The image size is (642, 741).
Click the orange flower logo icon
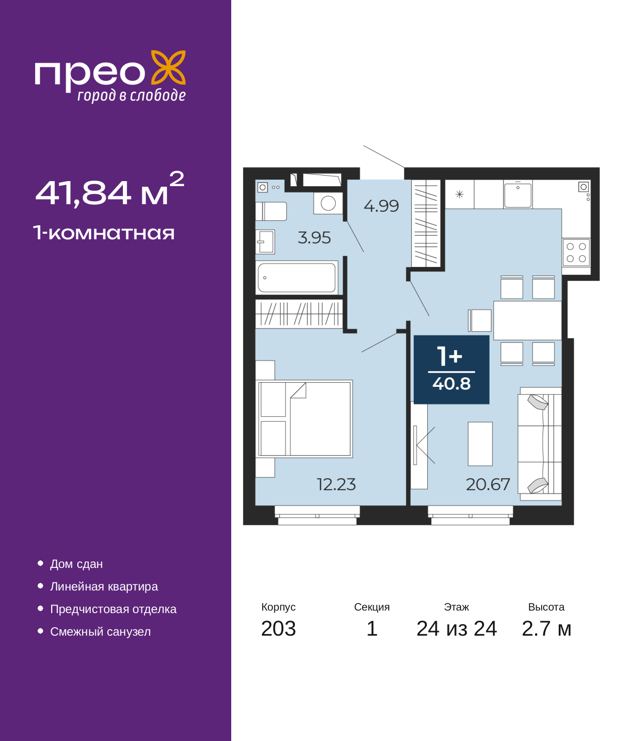tap(168, 67)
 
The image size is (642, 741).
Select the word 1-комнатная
tap(104, 233)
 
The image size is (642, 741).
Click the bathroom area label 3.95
tap(314, 238)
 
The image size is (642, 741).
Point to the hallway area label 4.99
tap(381, 206)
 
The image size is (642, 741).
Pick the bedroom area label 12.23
tap(336, 484)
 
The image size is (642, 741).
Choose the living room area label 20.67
tap(488, 484)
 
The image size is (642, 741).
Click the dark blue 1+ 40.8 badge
tap(451, 370)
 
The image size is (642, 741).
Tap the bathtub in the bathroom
tap(297, 277)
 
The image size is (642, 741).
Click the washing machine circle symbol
tap(328, 203)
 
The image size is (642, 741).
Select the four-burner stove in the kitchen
tap(576, 253)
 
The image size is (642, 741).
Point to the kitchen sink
tap(518, 194)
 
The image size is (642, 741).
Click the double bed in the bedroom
tap(304, 419)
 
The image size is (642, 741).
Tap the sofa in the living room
tap(540, 444)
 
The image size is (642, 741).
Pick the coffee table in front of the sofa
tap(480, 444)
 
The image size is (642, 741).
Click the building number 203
tap(278, 629)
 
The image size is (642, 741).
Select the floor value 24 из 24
tap(456, 629)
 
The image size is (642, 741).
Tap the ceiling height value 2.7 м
tap(546, 629)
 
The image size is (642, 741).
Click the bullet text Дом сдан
tap(76, 564)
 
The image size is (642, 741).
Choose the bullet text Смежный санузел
tap(100, 632)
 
